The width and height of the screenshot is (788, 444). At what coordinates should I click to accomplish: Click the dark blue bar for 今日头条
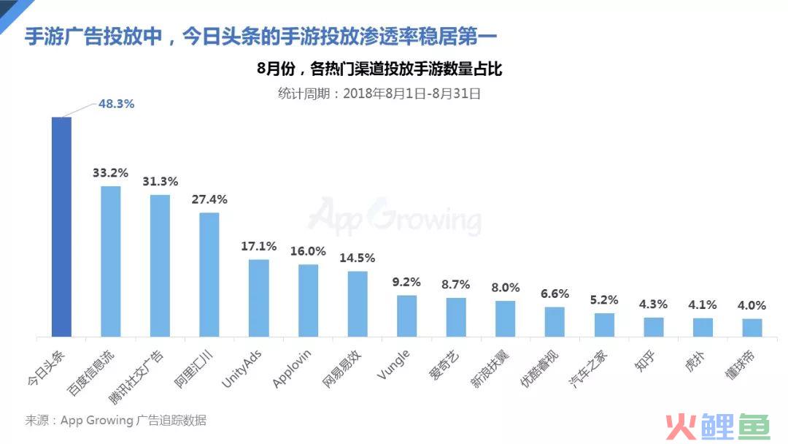pyautogui.click(x=61, y=227)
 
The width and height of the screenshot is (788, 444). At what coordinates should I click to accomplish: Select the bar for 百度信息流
pyautogui.click(x=111, y=261)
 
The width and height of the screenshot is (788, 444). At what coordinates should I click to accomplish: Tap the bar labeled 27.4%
pyautogui.click(x=209, y=275)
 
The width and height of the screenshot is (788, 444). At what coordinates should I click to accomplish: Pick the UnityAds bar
pyautogui.click(x=259, y=298)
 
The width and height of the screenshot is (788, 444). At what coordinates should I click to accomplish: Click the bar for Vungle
pyautogui.click(x=406, y=315)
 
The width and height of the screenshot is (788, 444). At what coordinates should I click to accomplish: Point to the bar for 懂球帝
pyautogui.click(x=752, y=327)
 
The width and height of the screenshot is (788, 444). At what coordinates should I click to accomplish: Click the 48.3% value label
pyautogui.click(x=116, y=104)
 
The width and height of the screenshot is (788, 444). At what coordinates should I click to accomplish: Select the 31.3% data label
pyautogui.click(x=160, y=182)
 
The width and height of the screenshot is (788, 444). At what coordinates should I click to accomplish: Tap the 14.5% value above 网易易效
pyautogui.click(x=357, y=258)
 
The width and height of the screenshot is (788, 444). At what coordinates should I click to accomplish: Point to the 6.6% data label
pyautogui.click(x=555, y=294)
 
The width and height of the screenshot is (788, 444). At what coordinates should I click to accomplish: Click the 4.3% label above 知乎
pyautogui.click(x=653, y=305)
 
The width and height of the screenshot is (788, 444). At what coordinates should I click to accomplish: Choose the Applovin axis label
pyautogui.click(x=291, y=369)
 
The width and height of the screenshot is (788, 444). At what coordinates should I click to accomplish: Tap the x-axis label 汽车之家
pyautogui.click(x=588, y=369)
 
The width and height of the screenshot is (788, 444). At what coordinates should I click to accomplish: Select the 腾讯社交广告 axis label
pyautogui.click(x=136, y=377)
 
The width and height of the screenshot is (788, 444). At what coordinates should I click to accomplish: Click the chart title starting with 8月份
pyautogui.click(x=379, y=69)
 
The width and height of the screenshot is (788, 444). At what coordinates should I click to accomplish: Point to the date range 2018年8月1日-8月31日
pyautogui.click(x=412, y=93)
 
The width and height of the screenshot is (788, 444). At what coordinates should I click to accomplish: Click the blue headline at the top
pyautogui.click(x=260, y=37)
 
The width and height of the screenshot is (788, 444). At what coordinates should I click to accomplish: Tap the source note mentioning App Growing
pyautogui.click(x=115, y=421)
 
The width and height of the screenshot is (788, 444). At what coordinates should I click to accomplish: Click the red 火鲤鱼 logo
pyautogui.click(x=718, y=426)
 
